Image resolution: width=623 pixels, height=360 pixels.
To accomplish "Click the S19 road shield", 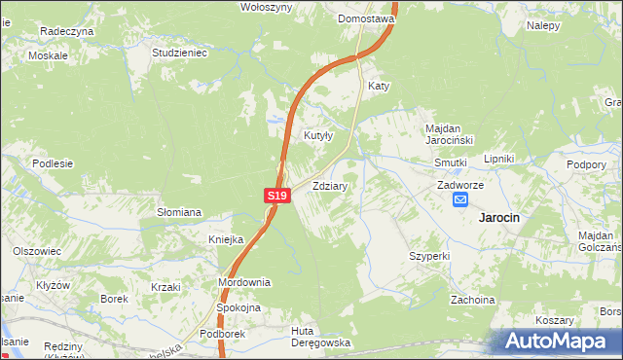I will coord(277,196).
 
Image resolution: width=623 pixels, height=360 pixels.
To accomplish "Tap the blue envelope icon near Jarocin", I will coord(460,199).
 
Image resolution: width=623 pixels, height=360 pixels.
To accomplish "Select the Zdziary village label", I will coord(331,184).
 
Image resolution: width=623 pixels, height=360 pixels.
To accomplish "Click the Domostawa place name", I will coord(365,18).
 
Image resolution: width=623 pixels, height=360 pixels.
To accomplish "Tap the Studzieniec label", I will coord(180,53).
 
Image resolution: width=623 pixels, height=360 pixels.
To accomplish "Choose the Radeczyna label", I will coord(66,31).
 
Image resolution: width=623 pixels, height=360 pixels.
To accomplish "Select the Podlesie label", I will coord(53,163).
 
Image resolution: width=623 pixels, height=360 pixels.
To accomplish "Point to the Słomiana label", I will coord(179,212).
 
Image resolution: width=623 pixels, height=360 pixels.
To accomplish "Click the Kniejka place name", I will coord(225,239).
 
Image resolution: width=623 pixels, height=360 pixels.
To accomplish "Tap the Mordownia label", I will coord(244,282).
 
